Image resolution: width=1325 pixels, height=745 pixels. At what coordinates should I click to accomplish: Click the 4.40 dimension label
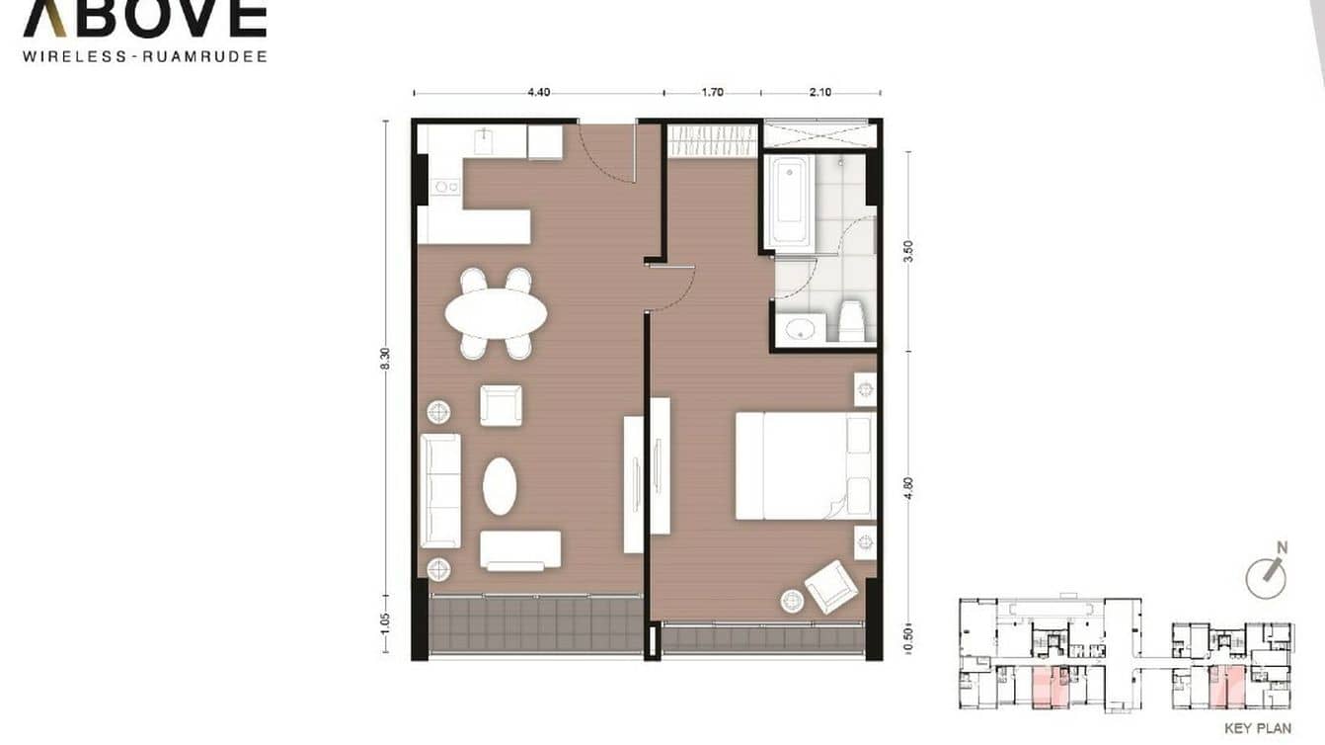tap(538, 92)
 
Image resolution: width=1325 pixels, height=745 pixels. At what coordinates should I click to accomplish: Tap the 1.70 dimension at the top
tap(712, 92)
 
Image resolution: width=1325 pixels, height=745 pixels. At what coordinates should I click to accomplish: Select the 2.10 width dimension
tap(820, 92)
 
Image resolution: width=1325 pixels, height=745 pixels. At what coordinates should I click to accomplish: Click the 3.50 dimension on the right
tap(908, 251)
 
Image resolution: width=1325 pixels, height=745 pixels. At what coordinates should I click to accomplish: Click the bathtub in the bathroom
tap(790, 202)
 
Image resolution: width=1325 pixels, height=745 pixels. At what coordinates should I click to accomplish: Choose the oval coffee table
tap(500, 485)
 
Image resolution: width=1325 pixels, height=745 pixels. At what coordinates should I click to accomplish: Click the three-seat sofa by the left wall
tap(440, 490)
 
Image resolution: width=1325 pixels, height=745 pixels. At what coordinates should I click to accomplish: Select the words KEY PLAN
tap(1257, 729)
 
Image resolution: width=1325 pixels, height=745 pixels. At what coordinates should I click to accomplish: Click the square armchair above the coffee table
tap(502, 405)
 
